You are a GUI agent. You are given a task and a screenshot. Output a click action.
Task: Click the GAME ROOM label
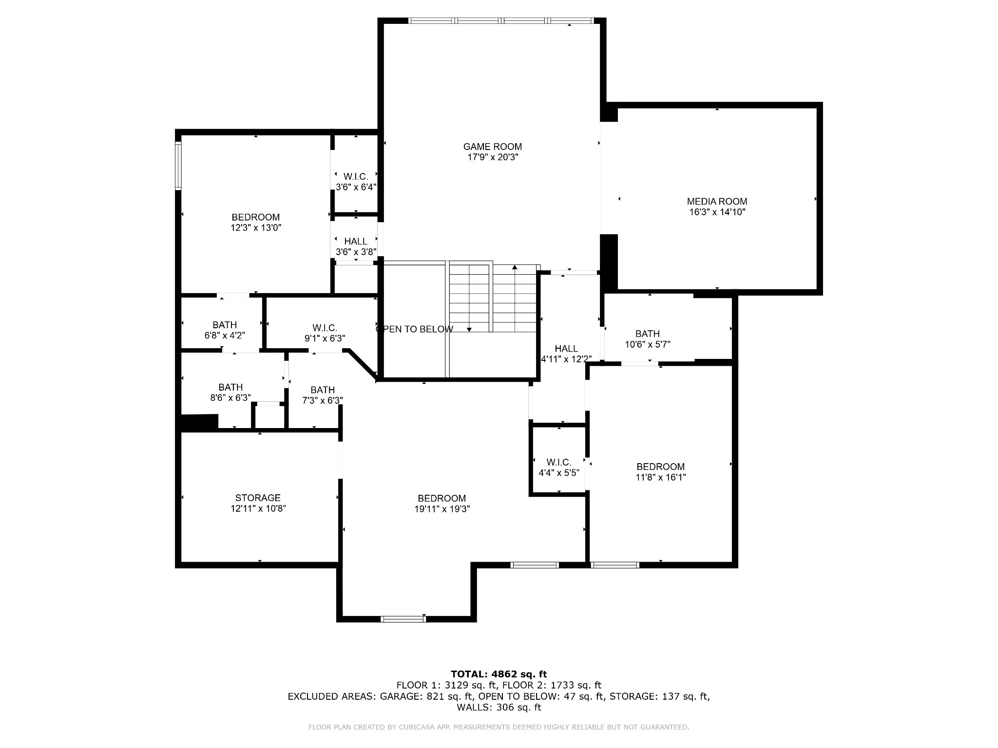click(492, 147)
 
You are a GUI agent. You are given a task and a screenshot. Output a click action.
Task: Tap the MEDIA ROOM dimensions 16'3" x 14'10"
click(717, 212)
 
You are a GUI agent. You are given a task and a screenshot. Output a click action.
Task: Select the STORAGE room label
click(258, 498)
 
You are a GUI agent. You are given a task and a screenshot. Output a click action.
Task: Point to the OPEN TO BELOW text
click(415, 329)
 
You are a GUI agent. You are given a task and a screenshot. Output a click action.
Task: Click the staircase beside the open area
click(492, 298)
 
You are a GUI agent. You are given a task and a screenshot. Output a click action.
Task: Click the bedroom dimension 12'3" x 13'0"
click(256, 228)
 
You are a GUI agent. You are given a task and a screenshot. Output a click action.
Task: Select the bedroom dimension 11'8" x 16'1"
click(661, 477)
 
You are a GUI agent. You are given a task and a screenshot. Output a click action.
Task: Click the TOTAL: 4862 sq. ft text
click(499, 674)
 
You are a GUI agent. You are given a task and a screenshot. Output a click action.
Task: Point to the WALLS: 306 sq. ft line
click(499, 707)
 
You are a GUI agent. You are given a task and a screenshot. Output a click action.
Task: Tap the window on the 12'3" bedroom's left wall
click(178, 166)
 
